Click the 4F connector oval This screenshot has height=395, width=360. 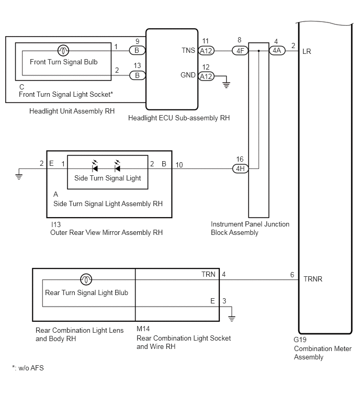(240, 51)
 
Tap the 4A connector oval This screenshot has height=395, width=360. (277, 51)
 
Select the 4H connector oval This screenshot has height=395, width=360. (240, 168)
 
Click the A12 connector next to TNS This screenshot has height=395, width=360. (206, 51)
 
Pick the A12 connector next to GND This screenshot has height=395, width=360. (206, 76)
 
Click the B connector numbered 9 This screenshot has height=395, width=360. (137, 50)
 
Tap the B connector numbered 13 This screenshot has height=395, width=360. (137, 75)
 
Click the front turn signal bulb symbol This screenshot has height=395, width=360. (63, 51)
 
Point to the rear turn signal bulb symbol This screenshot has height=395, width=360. (86, 279)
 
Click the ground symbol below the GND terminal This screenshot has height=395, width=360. (226, 85)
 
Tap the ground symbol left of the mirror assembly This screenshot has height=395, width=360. (19, 177)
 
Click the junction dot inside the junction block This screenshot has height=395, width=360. (258, 51)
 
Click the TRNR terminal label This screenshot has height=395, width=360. (312, 279)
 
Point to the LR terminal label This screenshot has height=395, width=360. (307, 52)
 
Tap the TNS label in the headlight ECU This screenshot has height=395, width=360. (188, 51)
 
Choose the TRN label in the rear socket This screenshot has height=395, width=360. (208, 274)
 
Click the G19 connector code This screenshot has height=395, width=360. (300, 340)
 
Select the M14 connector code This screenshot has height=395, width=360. (143, 329)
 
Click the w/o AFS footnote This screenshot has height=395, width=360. (28, 368)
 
